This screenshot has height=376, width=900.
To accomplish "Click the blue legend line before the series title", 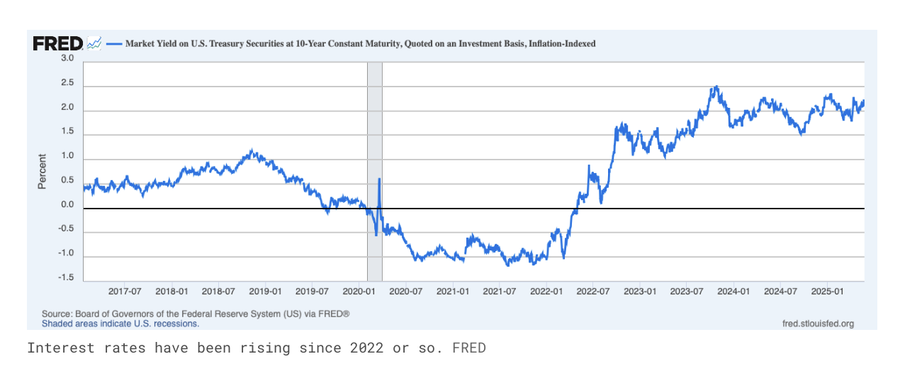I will (113, 43).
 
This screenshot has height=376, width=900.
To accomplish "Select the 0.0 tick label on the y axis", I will (67, 205).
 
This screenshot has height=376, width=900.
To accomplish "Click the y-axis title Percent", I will (43, 171).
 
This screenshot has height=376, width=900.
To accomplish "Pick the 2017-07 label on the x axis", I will (124, 291).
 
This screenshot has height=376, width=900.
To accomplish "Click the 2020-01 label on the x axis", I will (359, 291).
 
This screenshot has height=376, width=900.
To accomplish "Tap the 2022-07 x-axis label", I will (593, 291).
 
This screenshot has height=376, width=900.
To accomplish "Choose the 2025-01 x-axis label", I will (827, 291).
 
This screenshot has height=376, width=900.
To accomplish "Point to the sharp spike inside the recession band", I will (380, 179).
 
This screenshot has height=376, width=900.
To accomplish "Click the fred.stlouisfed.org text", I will (818, 324).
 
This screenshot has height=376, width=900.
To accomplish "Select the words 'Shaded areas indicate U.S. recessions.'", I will (120, 324).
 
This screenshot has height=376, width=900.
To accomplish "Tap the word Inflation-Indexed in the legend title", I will (562, 43).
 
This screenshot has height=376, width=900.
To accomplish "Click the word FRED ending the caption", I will (469, 348).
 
